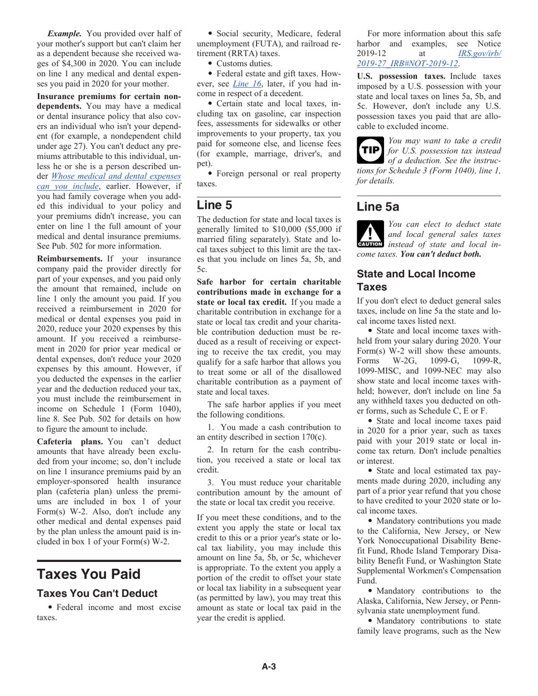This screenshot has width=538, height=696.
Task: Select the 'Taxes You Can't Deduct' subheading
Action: (x=97, y=594)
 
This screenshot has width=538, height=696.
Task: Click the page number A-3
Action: (x=268, y=667)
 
